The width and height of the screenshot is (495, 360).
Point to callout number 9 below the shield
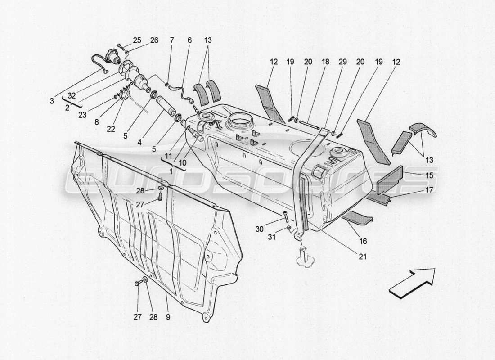[x=167, y=317]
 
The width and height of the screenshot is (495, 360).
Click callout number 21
[x=363, y=257]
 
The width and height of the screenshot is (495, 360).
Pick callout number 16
[x=363, y=241]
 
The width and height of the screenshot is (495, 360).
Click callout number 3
[x=53, y=101]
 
